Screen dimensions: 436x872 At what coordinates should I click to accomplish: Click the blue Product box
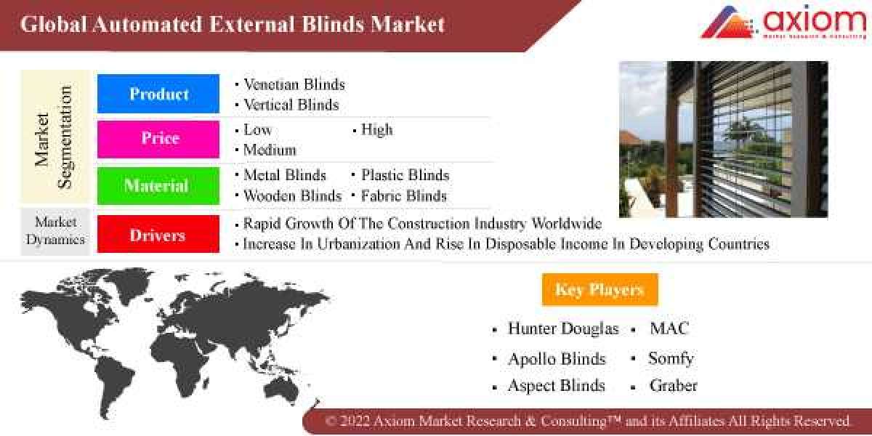(x=158, y=94)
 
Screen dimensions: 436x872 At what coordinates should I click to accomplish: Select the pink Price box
(x=158, y=139)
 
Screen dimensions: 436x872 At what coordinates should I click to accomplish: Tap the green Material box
(x=158, y=186)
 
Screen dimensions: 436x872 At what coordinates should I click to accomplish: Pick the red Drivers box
(x=158, y=235)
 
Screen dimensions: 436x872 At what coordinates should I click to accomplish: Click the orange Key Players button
(x=599, y=290)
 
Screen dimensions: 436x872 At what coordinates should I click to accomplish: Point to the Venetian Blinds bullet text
(x=294, y=84)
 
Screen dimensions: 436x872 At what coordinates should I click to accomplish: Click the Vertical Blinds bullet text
(x=291, y=105)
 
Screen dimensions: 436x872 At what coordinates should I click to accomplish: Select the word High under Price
(x=376, y=130)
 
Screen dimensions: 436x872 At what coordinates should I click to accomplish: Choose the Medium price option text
(x=270, y=150)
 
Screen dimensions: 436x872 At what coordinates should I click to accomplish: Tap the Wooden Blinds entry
(x=292, y=195)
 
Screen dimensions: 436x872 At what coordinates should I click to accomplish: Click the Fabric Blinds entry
(x=404, y=195)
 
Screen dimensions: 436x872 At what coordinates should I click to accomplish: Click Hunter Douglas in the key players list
(x=563, y=328)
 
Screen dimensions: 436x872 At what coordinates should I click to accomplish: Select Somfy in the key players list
(x=671, y=358)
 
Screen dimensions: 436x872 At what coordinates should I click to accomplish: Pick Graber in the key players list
(x=673, y=386)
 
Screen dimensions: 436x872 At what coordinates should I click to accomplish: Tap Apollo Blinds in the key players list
(x=557, y=358)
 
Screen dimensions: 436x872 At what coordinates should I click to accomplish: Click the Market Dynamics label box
(x=55, y=230)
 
